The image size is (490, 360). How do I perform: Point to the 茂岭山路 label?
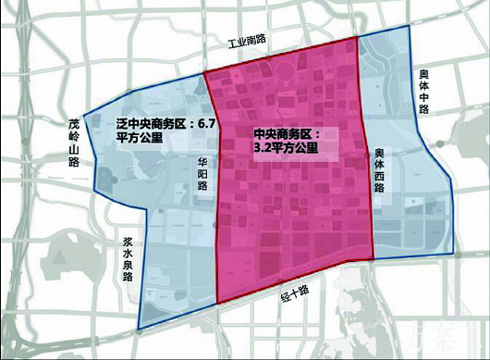point(75,141)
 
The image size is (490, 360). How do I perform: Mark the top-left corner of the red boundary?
point(203,70)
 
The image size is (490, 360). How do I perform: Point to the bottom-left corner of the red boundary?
point(218,304)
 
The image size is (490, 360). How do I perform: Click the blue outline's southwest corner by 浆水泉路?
point(139,329)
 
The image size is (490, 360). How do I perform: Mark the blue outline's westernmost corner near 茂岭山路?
point(83,117)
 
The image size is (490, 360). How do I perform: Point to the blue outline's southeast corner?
point(453,251)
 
